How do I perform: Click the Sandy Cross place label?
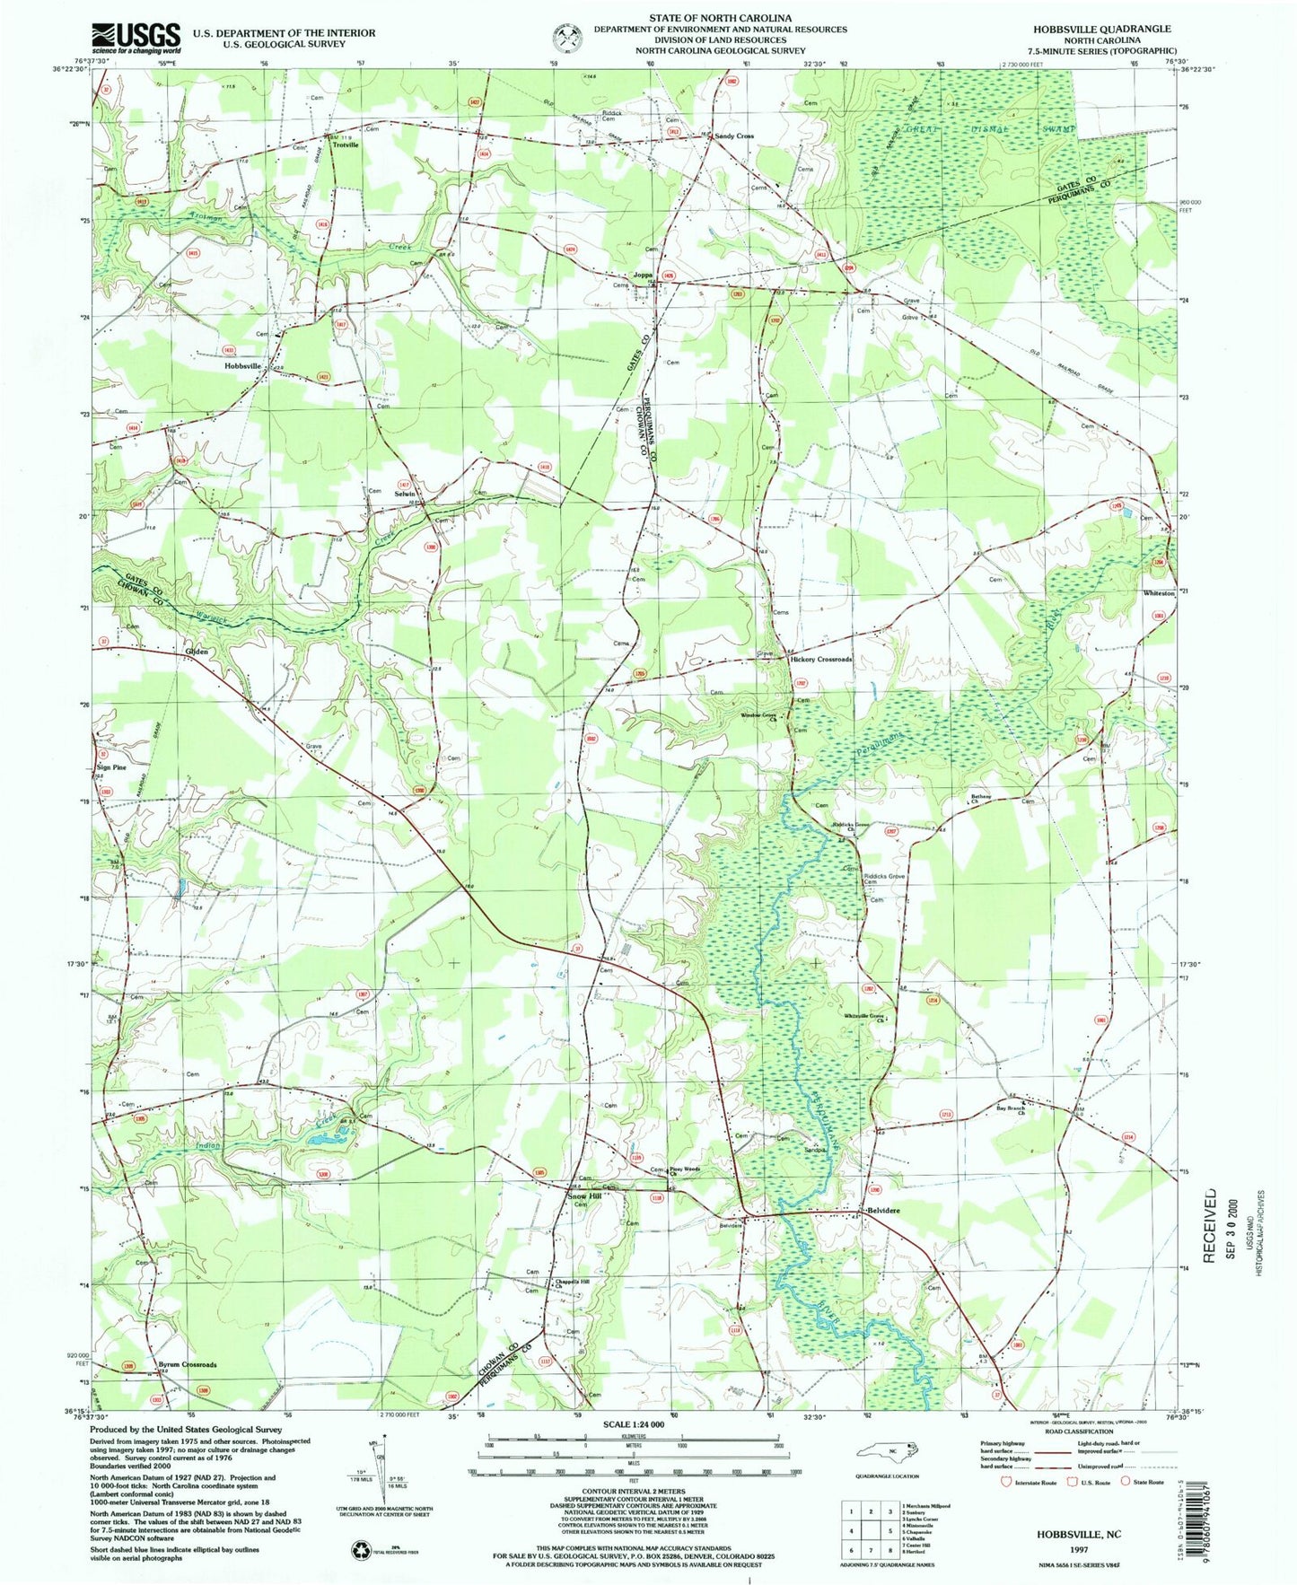pos(733,136)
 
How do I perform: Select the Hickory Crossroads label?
pos(820,660)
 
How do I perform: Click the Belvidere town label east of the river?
pos(882,1211)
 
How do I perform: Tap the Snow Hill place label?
pos(583,1195)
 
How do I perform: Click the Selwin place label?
pos(406,495)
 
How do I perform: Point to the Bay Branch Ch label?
pos(1011,1110)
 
